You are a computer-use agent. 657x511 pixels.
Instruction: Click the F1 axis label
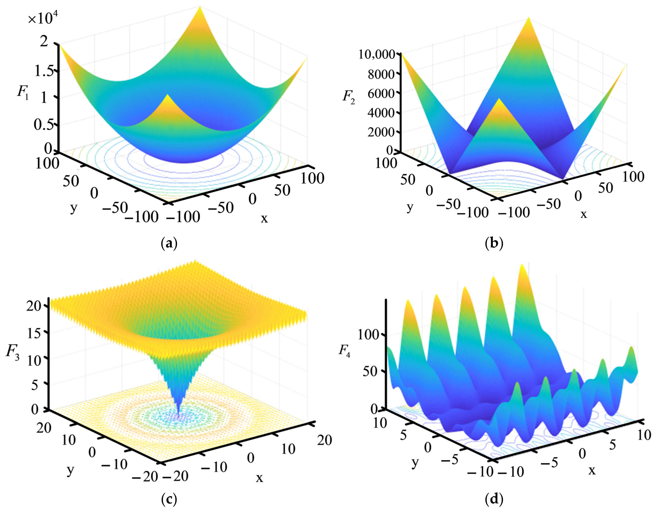pyautogui.click(x=23, y=92)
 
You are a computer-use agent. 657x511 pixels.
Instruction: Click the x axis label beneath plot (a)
pyautogui.click(x=264, y=218)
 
